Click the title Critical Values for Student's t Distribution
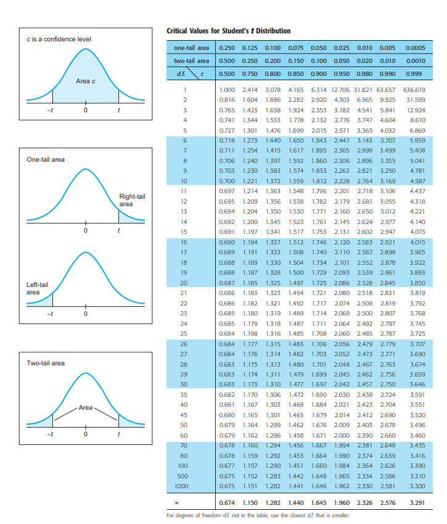tap(229, 31)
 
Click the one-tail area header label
tap(191, 48)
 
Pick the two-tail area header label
tap(191, 61)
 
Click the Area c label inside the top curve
tap(85, 81)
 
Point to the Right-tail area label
tap(132, 199)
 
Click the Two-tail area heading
tap(45, 363)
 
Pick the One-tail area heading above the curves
tap(45, 159)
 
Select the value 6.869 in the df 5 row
tap(418, 131)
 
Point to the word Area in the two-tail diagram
tap(85, 407)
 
